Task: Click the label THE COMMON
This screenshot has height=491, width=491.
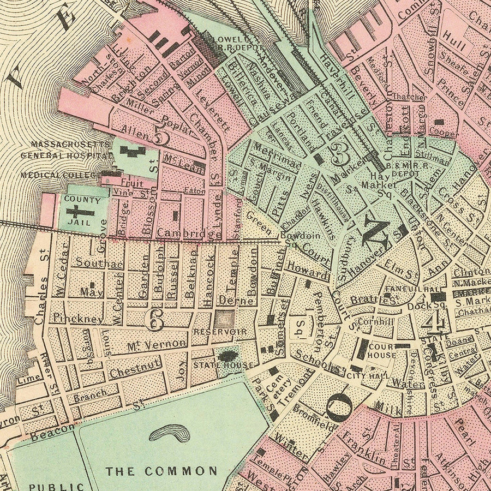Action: point(161,471)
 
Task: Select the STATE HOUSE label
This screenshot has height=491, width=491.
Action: point(222,365)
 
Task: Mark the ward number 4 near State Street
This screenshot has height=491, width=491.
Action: point(439,323)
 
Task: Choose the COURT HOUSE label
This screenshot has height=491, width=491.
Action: point(381,351)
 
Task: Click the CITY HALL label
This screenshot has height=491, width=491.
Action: point(373,376)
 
